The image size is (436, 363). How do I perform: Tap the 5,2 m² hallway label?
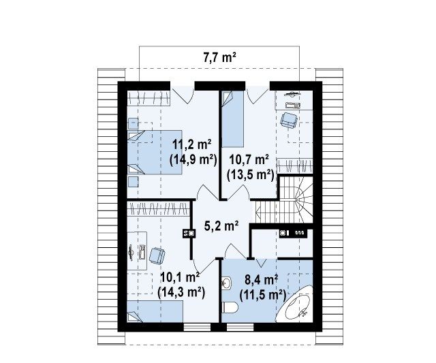221,225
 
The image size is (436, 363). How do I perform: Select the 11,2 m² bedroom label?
192,145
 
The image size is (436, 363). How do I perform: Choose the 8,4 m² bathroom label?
262,280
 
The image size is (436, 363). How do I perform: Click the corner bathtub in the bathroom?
296,304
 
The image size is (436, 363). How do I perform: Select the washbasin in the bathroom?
226,283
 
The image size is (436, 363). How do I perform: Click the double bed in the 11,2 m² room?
155,153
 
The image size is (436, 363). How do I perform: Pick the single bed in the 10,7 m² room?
232,119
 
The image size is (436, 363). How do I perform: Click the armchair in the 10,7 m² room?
289,121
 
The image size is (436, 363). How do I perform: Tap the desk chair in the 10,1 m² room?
157,256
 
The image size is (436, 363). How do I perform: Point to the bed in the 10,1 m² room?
155,312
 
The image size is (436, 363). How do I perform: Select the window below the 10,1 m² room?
197,327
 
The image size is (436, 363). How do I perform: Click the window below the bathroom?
240,327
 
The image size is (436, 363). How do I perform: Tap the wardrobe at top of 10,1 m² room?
159,208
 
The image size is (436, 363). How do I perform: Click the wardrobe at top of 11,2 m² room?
149,98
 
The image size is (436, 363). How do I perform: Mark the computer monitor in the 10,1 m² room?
131,252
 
